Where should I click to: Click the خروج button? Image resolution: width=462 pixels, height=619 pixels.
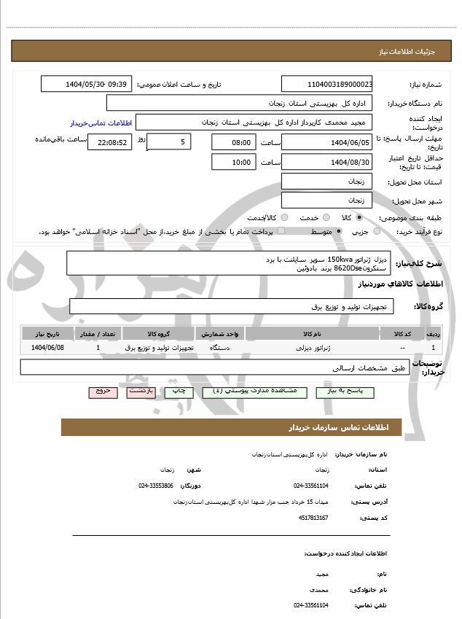point(103,392)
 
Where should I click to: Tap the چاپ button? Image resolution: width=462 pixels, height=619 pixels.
point(179,392)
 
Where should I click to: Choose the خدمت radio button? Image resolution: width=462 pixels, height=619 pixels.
point(325,217)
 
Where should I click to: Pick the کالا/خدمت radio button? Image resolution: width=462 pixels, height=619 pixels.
point(284,217)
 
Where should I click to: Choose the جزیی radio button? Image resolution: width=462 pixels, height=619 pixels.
point(377,231)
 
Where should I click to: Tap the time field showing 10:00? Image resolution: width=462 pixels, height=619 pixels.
point(233,162)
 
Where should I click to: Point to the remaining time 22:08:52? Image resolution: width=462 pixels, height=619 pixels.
point(110,142)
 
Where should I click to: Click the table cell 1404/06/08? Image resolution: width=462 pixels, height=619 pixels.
point(48,348)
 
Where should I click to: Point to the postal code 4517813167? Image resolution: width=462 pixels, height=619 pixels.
point(313,518)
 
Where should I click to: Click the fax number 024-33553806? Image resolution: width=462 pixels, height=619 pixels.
point(156,485)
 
